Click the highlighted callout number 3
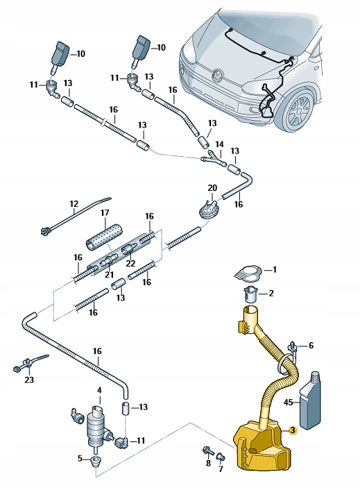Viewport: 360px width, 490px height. coord(293,430)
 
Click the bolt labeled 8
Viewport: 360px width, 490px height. coord(208,451)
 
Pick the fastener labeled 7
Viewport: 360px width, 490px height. coord(221,456)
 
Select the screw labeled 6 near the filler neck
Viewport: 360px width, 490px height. coord(294,346)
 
